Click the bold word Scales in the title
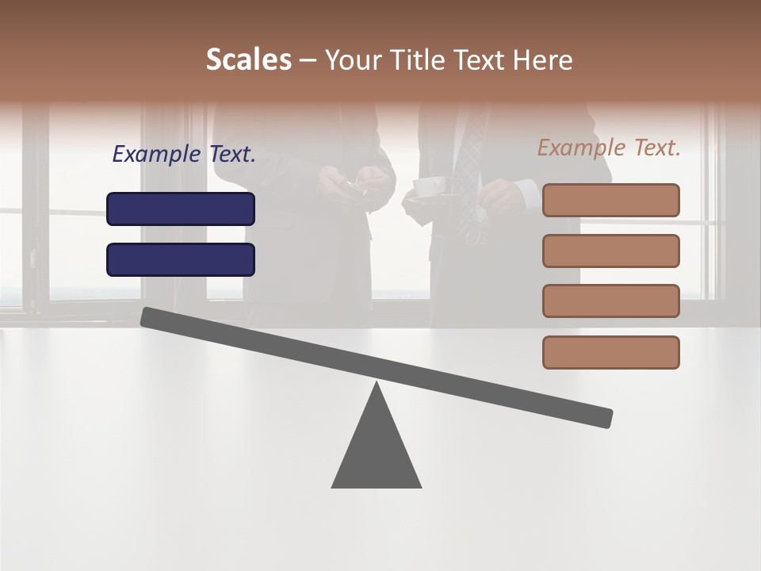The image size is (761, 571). [x=248, y=60]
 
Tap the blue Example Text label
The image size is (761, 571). [x=184, y=154]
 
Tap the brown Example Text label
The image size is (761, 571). [x=609, y=148]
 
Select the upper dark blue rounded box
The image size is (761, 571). [x=181, y=209]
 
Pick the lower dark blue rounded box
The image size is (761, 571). [x=181, y=259]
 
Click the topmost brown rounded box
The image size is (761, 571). [x=610, y=200]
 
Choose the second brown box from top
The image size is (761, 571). [x=610, y=251]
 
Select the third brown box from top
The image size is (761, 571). [x=610, y=301]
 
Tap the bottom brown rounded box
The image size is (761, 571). [x=610, y=352]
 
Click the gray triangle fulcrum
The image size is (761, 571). [x=377, y=452]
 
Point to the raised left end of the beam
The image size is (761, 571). [x=147, y=316]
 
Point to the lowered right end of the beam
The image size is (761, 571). [x=606, y=417]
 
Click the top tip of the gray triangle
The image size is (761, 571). [x=377, y=385]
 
